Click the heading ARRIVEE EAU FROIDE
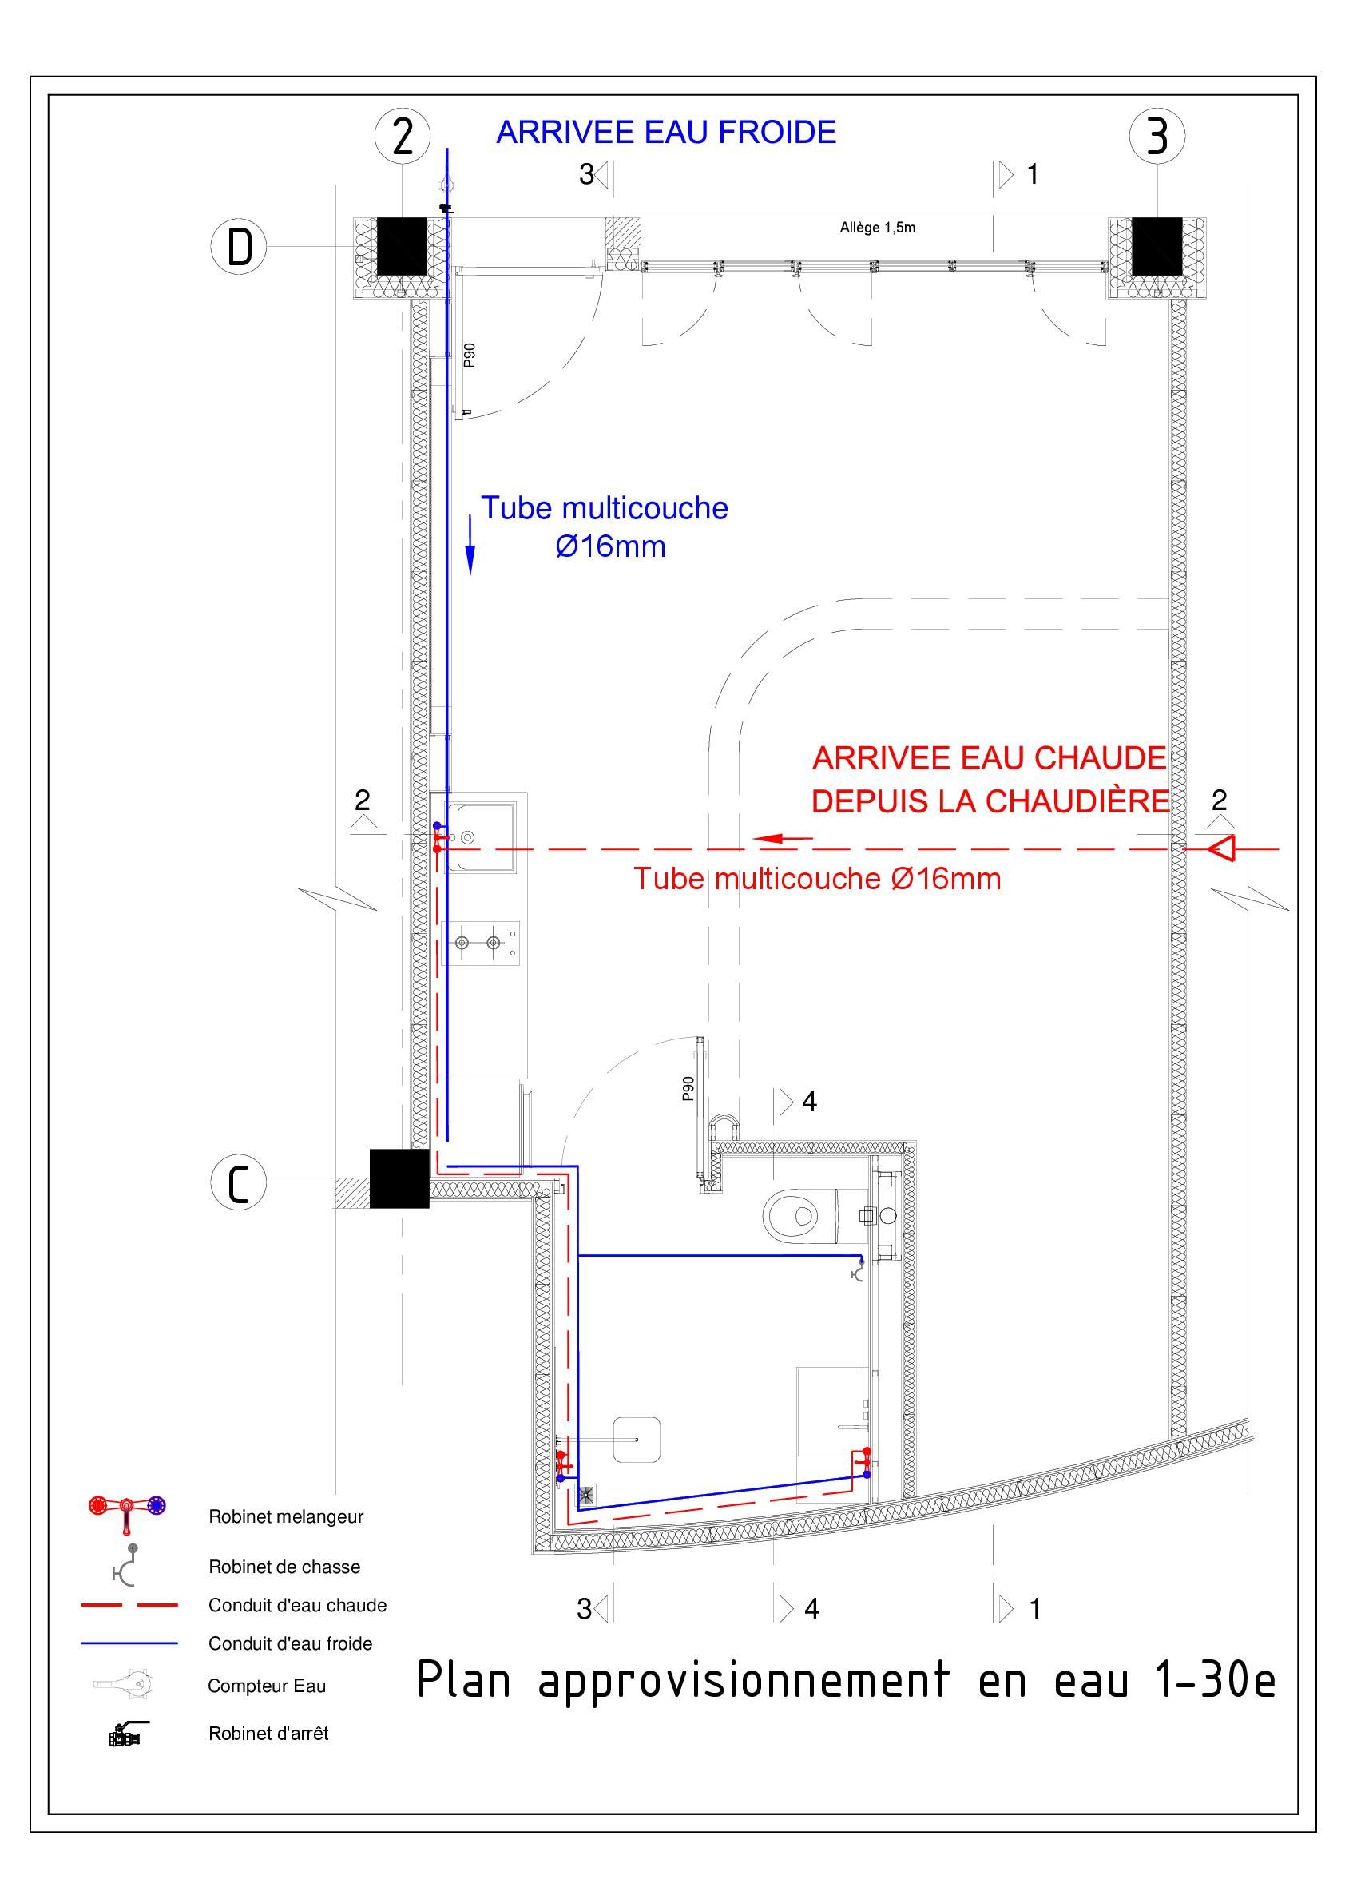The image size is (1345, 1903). coord(665,133)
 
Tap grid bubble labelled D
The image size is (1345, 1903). coord(239,246)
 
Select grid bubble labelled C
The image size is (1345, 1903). coord(239,1182)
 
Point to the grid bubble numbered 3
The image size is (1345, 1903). coord(1157,135)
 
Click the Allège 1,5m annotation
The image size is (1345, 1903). coord(878,227)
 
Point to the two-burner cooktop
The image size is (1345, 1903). coord(481,943)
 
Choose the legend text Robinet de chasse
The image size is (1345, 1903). coord(284,1567)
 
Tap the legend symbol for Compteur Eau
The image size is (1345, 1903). coord(125,1683)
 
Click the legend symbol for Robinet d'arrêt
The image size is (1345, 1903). coord(127,1733)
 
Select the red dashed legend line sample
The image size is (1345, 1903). coord(129,1606)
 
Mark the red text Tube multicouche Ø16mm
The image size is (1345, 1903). coord(817,879)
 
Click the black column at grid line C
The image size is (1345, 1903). coord(399,1178)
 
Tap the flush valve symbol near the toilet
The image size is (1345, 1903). coord(859,1269)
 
